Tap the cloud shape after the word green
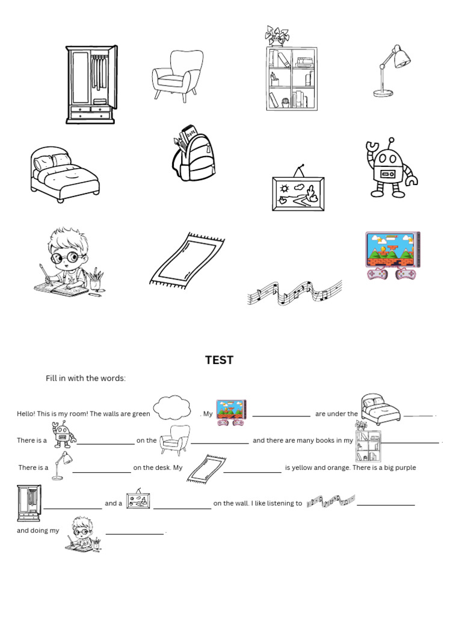[172, 408]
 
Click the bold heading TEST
[219, 360]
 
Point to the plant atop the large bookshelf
[277, 36]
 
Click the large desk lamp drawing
[391, 70]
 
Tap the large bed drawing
[64, 174]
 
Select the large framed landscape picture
[298, 192]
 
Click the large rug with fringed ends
[186, 259]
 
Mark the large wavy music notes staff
[295, 292]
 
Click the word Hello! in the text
[26, 414]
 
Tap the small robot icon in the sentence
[63, 436]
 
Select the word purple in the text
[404, 468]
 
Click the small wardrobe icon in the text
[29, 503]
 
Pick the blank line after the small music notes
[386, 504]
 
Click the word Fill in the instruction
[52, 378]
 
